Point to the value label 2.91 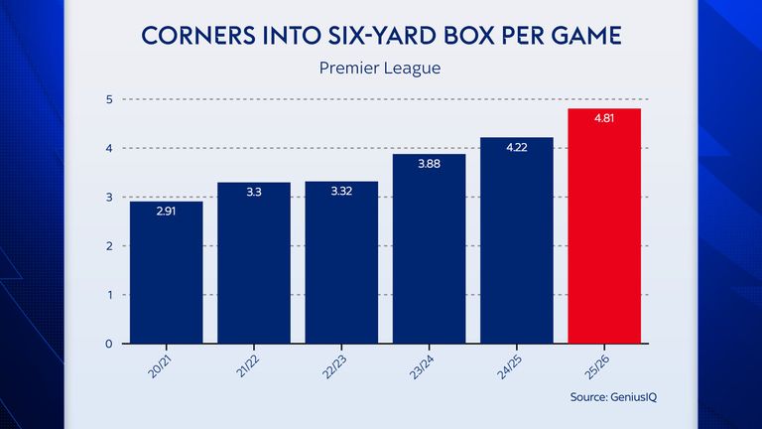[167, 213]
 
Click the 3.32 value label [341, 193]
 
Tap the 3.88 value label [430, 165]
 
